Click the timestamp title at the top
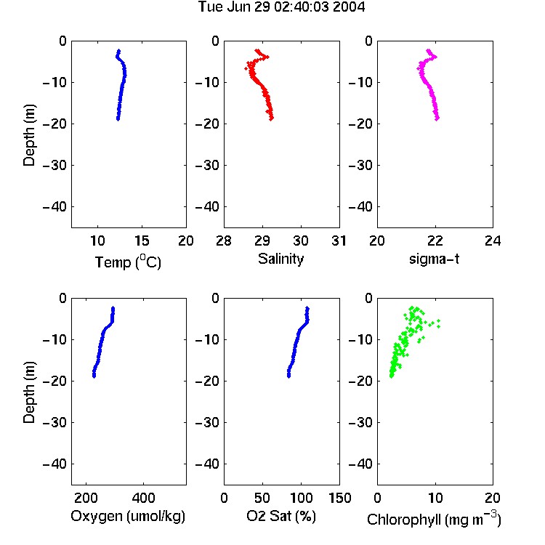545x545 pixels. tap(281, 7)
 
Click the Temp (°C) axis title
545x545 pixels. tap(128, 262)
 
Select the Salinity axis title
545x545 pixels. tap(280, 259)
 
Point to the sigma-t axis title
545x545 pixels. tap(434, 259)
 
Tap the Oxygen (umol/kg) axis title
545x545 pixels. tap(128, 516)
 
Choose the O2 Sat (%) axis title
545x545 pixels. tap(281, 516)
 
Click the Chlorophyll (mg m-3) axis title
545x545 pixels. tap(434, 519)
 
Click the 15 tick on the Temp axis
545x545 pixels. tap(142, 241)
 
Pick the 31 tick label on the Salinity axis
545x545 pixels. tap(339, 241)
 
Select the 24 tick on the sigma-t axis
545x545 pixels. tap(493, 241)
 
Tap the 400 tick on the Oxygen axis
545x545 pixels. tap(143, 498)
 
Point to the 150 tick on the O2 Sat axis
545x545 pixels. tap(339, 498)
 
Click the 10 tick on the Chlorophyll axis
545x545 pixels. tap(435, 498)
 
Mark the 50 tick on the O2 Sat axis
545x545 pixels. tap(262, 498)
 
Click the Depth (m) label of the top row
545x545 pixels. tap(29, 135)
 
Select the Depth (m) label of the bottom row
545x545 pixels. tap(29, 392)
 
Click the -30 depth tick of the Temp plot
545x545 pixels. tap(54, 165)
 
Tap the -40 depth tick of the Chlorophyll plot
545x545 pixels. tap(360, 464)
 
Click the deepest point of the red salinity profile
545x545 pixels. tap(271, 118)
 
